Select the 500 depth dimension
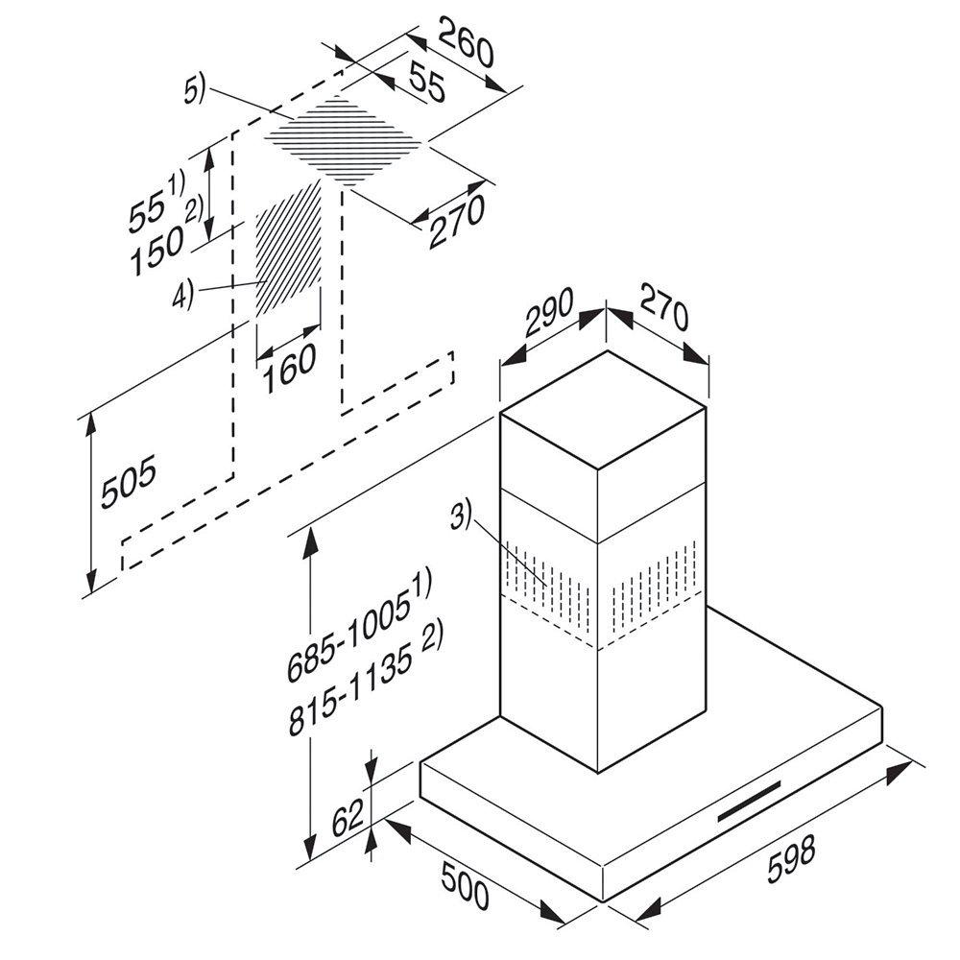click(x=464, y=886)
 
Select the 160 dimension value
click(x=289, y=370)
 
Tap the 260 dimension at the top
click(x=466, y=44)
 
